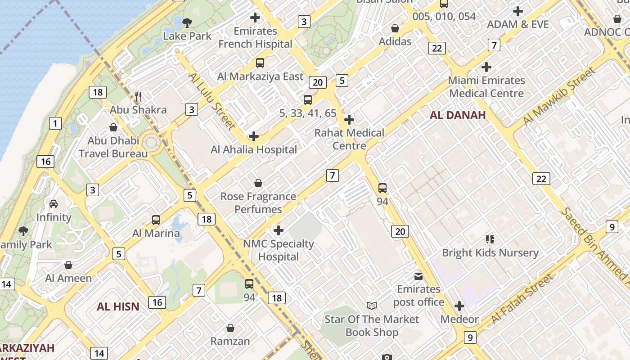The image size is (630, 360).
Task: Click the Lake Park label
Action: tap(187, 36)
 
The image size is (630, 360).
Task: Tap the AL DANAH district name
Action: tap(458, 115)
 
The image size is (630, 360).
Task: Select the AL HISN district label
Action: tap(118, 307)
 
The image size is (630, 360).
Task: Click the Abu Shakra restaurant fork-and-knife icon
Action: tap(139, 96)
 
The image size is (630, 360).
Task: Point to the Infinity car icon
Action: tap(54, 204)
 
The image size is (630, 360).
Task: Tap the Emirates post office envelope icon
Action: tap(418, 276)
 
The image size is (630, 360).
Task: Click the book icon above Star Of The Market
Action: tap(372, 306)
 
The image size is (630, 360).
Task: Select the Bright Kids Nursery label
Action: tap(490, 253)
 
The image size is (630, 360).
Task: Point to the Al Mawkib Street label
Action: tap(559, 96)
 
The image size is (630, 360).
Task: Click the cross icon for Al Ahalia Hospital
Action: tap(254, 136)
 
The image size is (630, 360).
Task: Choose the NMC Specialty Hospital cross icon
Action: tap(279, 230)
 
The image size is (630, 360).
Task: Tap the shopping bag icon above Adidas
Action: tap(395, 28)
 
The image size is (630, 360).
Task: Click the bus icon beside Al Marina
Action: tap(156, 220)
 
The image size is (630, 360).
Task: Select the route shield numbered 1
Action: tap(55, 123)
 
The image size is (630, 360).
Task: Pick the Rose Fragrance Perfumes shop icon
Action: tap(258, 183)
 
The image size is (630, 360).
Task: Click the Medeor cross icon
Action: tap(459, 306)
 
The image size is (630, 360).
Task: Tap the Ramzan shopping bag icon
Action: tap(230, 328)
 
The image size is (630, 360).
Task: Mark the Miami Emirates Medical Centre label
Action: tap(486, 87)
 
